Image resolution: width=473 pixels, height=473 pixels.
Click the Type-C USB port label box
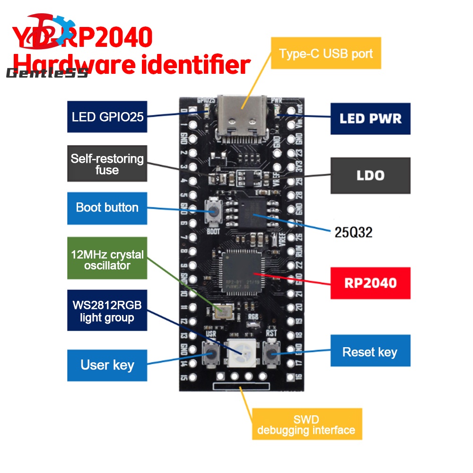coord(326,53)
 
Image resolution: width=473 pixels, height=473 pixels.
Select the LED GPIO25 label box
coord(107,116)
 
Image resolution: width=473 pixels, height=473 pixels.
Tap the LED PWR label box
coord(370,118)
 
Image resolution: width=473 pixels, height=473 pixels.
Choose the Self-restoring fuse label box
coord(107,164)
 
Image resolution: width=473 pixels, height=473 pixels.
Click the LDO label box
coord(370,175)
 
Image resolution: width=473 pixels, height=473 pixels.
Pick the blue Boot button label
coord(107,208)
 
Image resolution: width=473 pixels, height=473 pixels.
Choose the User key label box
coord(107,365)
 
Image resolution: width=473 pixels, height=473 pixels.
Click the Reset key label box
coord(370,351)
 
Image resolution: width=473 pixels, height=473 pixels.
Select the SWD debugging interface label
coord(307,424)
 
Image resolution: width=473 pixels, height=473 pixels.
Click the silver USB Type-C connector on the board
coord(242,118)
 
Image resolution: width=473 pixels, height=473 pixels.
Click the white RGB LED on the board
coord(242,353)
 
